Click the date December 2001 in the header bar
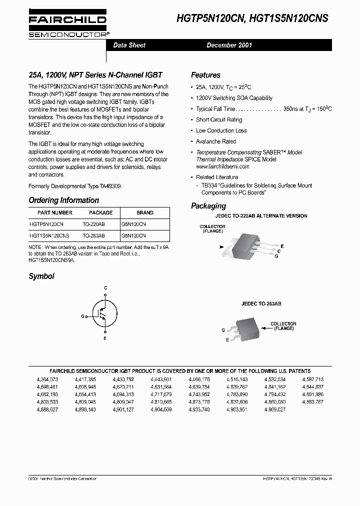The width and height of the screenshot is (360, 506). click(x=229, y=45)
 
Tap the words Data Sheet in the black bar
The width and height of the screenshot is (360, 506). click(x=129, y=45)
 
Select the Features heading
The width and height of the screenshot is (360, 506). click(x=205, y=75)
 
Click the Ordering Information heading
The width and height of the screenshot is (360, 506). click(x=63, y=200)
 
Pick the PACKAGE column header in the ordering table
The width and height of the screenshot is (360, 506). click(x=100, y=212)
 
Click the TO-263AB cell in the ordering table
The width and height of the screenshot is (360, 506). click(x=93, y=235)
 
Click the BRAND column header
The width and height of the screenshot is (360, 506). click(x=144, y=212)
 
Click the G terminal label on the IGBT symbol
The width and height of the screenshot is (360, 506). click(x=82, y=316)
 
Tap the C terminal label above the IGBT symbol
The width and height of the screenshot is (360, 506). click(x=105, y=288)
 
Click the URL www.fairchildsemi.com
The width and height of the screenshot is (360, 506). click(x=222, y=166)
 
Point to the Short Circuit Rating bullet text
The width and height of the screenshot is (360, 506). click(x=219, y=120)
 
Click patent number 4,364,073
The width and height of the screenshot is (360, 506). click(x=47, y=379)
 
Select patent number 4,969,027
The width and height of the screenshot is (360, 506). click(x=274, y=409)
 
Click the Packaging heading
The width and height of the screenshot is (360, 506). click(x=208, y=206)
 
